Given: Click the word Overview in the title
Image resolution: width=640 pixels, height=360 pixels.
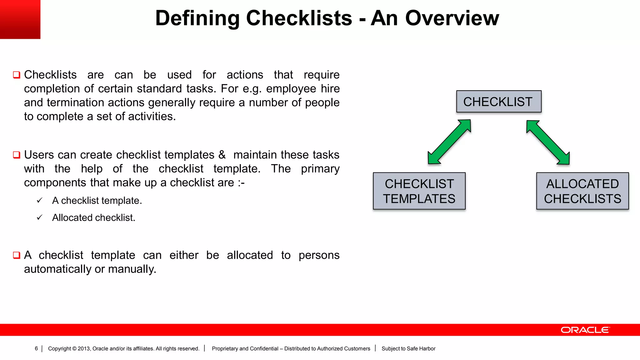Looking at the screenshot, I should pyautogui.click(x=452, y=18).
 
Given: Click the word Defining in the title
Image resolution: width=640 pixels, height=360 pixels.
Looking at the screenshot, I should pyautogui.click(x=197, y=18).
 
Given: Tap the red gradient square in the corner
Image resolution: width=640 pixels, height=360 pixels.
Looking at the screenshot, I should pyautogui.click(x=20, y=19).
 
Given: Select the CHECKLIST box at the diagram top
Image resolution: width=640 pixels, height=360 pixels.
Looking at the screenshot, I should pyautogui.click(x=499, y=102).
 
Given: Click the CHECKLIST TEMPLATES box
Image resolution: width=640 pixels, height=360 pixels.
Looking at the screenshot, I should pyautogui.click(x=419, y=191).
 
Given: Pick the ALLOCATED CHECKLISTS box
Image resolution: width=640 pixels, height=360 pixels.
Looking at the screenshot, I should pyautogui.click(x=582, y=191).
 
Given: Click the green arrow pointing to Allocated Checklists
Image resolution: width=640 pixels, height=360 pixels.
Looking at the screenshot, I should pyautogui.click(x=548, y=142).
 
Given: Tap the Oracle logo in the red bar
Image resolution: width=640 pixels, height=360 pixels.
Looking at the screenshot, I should pyautogui.click(x=585, y=330).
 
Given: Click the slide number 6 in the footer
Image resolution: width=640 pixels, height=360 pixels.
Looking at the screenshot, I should pyautogui.click(x=36, y=348).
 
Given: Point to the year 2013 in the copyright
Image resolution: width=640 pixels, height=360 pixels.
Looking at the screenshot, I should pyautogui.click(x=84, y=348).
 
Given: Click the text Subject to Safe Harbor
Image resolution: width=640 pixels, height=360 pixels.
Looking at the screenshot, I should pyautogui.click(x=408, y=348).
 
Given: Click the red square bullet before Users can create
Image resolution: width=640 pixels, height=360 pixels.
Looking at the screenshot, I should pyautogui.click(x=17, y=155).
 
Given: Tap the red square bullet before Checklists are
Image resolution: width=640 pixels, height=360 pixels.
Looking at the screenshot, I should pyautogui.click(x=17, y=75).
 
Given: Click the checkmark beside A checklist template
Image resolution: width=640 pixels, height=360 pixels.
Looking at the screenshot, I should pyautogui.click(x=39, y=200).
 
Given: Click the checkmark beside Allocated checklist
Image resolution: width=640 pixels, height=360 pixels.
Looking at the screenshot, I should pyautogui.click(x=39, y=217).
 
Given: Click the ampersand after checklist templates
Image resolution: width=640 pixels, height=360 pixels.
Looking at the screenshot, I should pyautogui.click(x=222, y=155).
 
